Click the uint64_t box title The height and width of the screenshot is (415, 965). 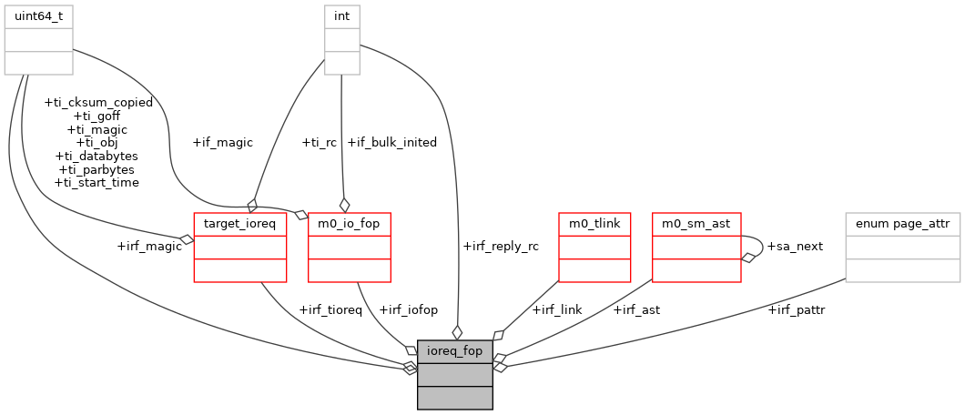(x=38, y=16)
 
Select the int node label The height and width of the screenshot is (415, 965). (x=342, y=16)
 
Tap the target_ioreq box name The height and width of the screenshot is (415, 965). (x=240, y=223)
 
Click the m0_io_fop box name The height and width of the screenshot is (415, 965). (x=350, y=223)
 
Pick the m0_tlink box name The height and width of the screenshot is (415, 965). (x=594, y=223)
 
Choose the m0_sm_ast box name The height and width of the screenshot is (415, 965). (x=696, y=223)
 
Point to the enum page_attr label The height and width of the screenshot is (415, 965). (x=902, y=223)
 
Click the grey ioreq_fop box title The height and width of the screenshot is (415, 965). (x=455, y=350)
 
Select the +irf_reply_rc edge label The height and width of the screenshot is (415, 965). (x=500, y=246)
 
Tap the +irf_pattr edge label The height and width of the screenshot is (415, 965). (x=797, y=309)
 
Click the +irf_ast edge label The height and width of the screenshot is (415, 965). (x=636, y=309)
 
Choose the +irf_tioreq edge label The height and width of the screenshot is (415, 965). (x=330, y=309)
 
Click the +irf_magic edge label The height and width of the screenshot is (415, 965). (x=149, y=246)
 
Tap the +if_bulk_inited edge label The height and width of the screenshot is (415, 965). (x=391, y=142)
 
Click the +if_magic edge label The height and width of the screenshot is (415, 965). (x=223, y=142)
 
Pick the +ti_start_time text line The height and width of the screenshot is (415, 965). (x=96, y=182)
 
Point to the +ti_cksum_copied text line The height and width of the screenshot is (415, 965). (x=98, y=102)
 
